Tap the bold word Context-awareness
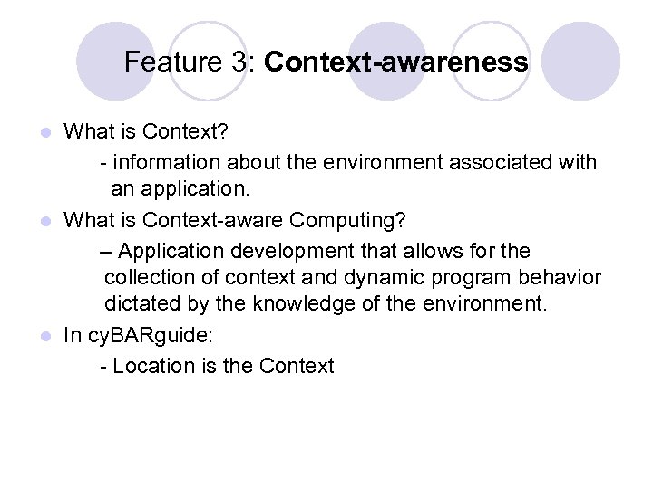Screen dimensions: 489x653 click(396, 62)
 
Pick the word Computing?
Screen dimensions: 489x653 click(359, 220)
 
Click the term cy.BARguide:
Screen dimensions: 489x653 click(151, 336)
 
